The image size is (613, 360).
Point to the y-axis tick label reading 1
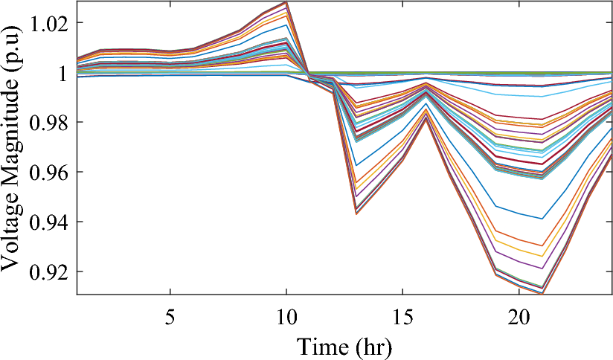tap(64, 72)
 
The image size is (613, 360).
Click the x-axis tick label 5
tap(170, 312)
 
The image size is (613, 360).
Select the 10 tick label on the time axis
tap(286, 312)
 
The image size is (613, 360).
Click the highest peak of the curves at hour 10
tap(286, 2)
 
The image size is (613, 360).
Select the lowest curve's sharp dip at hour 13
tap(356, 214)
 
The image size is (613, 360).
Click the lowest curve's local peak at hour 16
tap(426, 119)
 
